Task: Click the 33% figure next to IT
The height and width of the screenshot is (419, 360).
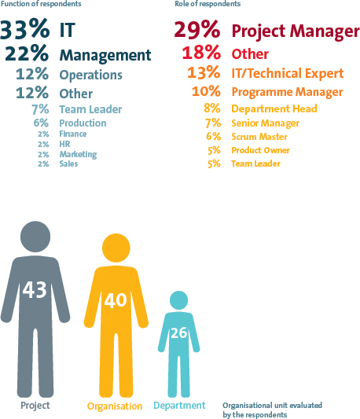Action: [x=25, y=29]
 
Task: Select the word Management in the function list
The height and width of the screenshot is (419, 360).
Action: [x=105, y=56]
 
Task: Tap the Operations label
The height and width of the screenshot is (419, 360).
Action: [x=91, y=75]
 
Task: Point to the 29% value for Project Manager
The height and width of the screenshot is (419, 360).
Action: [x=197, y=29]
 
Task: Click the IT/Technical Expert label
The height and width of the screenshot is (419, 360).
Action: [x=288, y=73]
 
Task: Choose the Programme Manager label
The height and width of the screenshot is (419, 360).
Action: [x=288, y=92]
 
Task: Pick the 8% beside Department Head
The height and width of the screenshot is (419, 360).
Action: [x=212, y=108]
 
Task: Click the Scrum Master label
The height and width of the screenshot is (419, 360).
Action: [x=259, y=137]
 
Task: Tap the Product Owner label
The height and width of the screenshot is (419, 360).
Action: [x=261, y=150]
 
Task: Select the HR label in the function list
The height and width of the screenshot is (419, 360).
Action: [x=64, y=144]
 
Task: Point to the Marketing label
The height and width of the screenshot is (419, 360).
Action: [x=78, y=154]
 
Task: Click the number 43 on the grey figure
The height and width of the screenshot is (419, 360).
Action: [x=35, y=289]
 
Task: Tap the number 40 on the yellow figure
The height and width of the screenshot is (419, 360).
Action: [x=116, y=300]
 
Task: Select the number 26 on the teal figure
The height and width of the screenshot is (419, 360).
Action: [x=178, y=333]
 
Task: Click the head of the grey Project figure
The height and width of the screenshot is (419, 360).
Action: [x=35, y=237]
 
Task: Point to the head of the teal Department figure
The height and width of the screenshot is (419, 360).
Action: [x=178, y=300]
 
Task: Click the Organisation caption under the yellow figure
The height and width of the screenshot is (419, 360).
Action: [x=115, y=406]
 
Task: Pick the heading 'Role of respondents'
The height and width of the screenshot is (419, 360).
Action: [x=208, y=4]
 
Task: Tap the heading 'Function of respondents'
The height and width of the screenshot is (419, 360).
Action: [x=41, y=4]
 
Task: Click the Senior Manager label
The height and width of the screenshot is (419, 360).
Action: [x=266, y=123]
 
